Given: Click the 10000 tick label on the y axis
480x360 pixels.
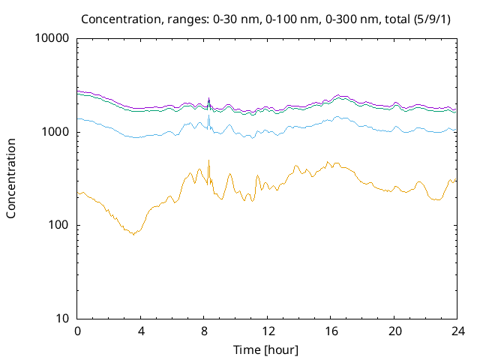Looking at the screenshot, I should pos(52,39).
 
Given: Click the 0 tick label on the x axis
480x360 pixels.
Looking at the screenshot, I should pos(77,331).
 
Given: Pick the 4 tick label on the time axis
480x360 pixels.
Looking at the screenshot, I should pos(141,331).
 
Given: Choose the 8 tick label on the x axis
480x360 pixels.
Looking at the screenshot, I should pos(204,331).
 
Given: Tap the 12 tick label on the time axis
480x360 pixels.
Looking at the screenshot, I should pos(268,331).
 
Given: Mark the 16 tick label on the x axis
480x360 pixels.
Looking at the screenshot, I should pos(331,331).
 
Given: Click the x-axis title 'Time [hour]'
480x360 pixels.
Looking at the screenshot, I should pos(267,349).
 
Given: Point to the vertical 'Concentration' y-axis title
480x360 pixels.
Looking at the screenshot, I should pos(11,178).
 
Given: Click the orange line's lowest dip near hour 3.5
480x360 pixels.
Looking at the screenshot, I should pos(134,235).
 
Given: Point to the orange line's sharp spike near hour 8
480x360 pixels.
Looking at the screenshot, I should pos(208,160).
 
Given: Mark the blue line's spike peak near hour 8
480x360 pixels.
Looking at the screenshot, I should pos(208,114).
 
